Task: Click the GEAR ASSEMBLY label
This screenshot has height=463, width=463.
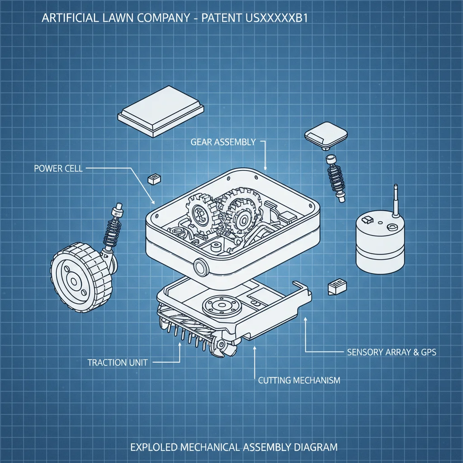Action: (x=223, y=142)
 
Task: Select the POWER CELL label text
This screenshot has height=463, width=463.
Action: (x=58, y=169)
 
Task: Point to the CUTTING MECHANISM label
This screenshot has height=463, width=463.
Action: (x=299, y=380)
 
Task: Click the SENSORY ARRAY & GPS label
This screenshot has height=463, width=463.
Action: (x=392, y=352)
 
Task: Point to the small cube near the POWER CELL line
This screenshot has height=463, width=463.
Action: (x=154, y=179)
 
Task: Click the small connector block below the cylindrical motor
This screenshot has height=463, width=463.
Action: (x=337, y=287)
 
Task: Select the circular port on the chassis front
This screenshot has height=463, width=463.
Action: (x=200, y=267)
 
